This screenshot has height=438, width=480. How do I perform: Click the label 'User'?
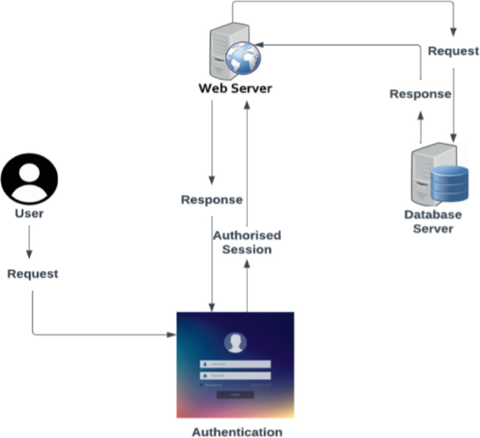click(29, 213)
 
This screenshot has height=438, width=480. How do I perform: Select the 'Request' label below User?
click(33, 274)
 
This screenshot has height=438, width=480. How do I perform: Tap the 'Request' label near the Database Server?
click(453, 51)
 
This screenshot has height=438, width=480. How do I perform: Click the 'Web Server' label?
click(235, 89)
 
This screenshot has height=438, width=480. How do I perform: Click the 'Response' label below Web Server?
click(212, 200)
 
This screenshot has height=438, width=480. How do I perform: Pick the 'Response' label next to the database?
click(420, 94)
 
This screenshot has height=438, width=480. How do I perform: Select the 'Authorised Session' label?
click(247, 242)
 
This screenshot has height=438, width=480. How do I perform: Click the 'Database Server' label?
click(433, 221)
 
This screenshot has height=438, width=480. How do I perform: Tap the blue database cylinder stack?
click(449, 183)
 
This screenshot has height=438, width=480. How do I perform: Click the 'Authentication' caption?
click(237, 432)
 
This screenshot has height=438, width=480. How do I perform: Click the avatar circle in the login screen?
click(235, 343)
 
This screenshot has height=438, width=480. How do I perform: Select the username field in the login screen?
click(235, 364)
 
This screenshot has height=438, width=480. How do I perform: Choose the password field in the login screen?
click(235, 376)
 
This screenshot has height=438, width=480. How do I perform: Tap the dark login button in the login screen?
click(235, 395)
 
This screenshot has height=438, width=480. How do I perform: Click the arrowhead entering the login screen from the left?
click(172, 335)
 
